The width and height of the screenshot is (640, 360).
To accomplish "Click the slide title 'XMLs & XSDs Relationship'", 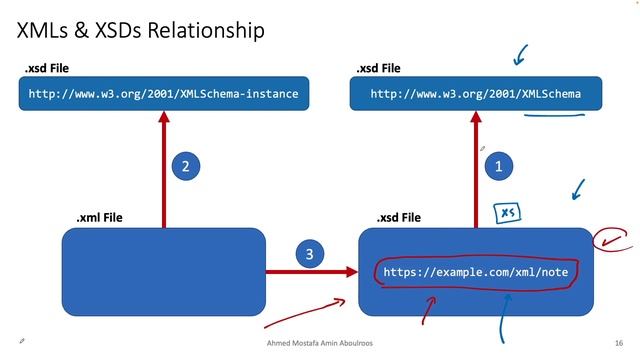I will tap(141, 31).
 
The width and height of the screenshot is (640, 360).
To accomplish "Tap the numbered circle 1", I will tap(499, 167).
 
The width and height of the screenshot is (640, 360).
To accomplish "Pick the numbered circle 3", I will tap(309, 256).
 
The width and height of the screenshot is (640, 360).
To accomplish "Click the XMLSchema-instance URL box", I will tap(163, 95).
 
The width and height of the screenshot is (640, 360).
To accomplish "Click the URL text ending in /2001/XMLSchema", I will tap(475, 95).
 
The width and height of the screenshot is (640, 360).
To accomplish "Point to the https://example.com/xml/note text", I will tap(475, 271).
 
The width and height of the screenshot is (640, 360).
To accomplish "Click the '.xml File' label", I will tap(99, 217).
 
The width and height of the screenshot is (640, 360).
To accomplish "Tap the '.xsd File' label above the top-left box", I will tap(47, 68).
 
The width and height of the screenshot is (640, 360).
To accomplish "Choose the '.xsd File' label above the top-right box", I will tap(378, 68).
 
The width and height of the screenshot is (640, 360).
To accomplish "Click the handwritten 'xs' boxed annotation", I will tap(508, 212).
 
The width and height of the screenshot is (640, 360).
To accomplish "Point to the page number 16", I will tap(619, 342).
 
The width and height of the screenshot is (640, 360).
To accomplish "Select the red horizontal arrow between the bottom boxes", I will tap(325, 270).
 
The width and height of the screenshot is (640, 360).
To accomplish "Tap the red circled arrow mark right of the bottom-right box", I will tap(611, 239).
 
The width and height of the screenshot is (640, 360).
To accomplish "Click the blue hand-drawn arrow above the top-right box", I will tap(519, 52).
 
